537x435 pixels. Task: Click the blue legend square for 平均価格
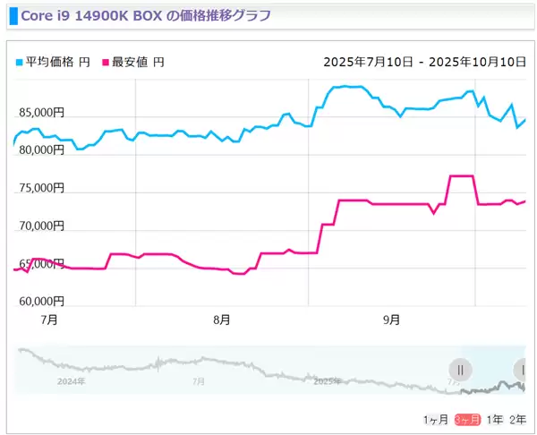20,63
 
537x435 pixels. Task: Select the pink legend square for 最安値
105,63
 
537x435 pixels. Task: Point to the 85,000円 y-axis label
40,113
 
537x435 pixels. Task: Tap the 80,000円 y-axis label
40,150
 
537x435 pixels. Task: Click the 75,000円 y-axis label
40,188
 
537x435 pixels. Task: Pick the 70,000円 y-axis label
40,226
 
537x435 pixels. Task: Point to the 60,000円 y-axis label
40,302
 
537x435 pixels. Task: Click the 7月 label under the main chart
50,319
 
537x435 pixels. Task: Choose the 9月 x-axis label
391,319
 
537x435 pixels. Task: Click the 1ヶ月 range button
436,420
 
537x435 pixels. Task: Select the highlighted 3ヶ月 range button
467,420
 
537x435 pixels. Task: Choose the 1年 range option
494,420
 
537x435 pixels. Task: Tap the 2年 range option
517,420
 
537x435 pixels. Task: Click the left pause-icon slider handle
460,369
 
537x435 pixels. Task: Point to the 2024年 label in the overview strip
70,381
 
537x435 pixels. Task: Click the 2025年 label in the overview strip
328,381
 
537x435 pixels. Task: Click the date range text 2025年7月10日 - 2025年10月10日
424,63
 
